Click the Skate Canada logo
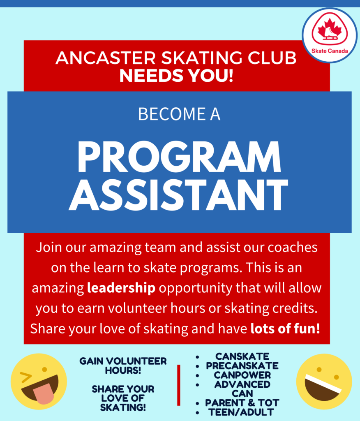tap(330, 35)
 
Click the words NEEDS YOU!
tap(176, 76)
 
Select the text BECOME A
tap(179, 114)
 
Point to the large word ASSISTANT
tap(178, 195)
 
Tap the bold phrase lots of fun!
tap(285, 328)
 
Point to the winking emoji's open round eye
tap(44, 370)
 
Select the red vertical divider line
tap(178, 385)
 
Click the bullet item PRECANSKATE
tap(242, 365)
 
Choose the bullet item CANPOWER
tap(242, 375)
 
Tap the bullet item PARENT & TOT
tap(242, 403)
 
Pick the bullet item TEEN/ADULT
tap(241, 412)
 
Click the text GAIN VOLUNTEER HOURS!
tap(123, 365)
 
